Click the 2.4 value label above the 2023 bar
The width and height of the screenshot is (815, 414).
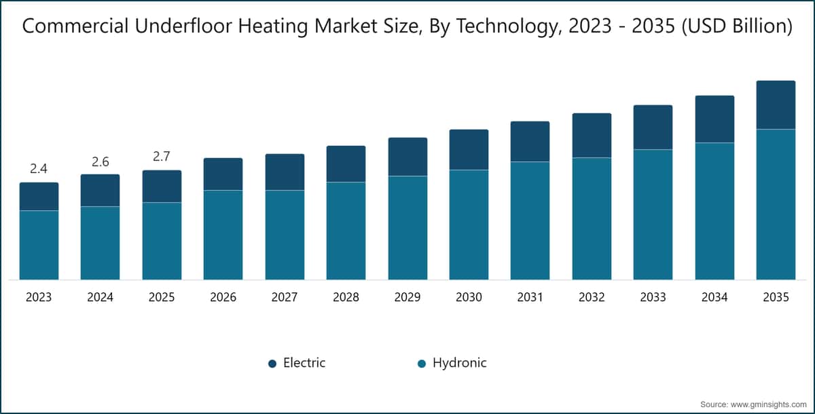39,168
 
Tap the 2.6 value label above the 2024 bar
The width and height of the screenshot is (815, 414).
100,162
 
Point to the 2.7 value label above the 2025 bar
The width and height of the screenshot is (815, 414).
162,156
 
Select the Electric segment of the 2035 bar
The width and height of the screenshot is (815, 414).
776,105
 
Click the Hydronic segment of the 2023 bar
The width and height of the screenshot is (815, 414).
39,245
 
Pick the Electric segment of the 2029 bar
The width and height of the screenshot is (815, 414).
407,157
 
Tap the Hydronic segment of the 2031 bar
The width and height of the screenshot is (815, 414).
530,221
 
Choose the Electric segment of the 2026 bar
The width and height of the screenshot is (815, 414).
223,174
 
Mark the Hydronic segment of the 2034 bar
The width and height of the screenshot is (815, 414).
714,211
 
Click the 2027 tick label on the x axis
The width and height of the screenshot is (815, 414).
285,297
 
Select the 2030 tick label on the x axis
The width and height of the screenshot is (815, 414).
469,297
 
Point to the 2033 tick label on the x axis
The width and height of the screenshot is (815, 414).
653,297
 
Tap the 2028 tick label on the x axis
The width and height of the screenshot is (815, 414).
346,297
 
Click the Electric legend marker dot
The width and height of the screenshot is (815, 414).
272,364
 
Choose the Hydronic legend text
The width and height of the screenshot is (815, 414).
460,362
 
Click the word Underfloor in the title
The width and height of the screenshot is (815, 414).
183,26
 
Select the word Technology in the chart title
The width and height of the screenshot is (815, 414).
507,27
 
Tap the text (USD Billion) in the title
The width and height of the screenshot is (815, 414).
737,26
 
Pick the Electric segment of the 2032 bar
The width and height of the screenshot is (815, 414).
592,136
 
